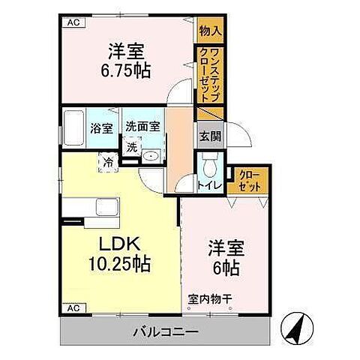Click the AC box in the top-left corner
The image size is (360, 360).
73,22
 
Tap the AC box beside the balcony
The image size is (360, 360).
73,308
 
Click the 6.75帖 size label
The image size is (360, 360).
127,71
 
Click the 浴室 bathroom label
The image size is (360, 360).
103,127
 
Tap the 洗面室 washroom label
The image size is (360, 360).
142,127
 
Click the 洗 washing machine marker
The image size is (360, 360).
132,146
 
